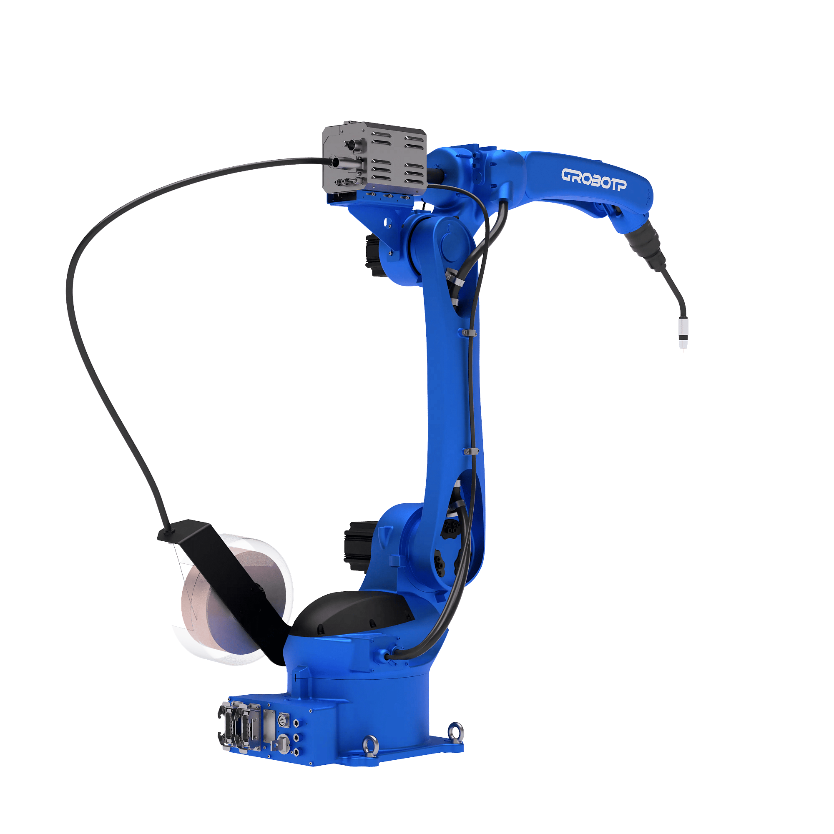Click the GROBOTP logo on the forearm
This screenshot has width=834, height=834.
(x=593, y=179)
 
